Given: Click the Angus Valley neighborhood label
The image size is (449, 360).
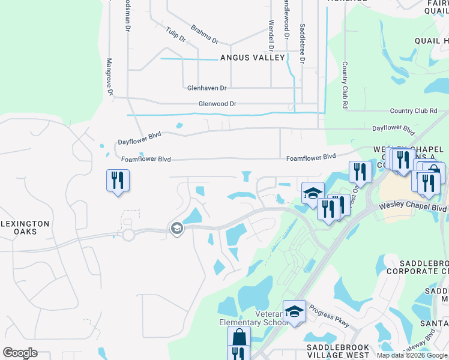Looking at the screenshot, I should click(252, 58).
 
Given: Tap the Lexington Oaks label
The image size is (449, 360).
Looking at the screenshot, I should click(26, 226).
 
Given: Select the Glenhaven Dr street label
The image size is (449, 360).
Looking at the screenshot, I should click(206, 88).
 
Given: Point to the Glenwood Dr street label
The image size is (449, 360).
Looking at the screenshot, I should click(217, 104).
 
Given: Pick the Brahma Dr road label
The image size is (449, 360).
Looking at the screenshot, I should click(205, 34).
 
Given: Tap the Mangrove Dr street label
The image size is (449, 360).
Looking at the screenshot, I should click(110, 77).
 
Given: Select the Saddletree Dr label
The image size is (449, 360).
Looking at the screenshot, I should click(303, 43).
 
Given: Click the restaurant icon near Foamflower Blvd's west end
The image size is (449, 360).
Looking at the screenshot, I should click(118, 180).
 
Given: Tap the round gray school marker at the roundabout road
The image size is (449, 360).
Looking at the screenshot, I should click(176, 229).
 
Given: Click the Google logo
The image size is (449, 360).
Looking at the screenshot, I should click(20, 353).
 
